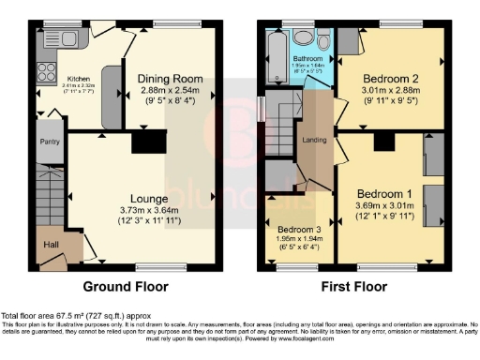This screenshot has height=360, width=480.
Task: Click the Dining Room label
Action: coord(171,79)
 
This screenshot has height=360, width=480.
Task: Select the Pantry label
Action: coord(49,142)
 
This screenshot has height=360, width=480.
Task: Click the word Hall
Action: coord(51,246)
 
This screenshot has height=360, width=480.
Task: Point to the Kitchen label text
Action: coord(77,79)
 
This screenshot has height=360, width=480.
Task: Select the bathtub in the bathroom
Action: coord(276,57)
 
